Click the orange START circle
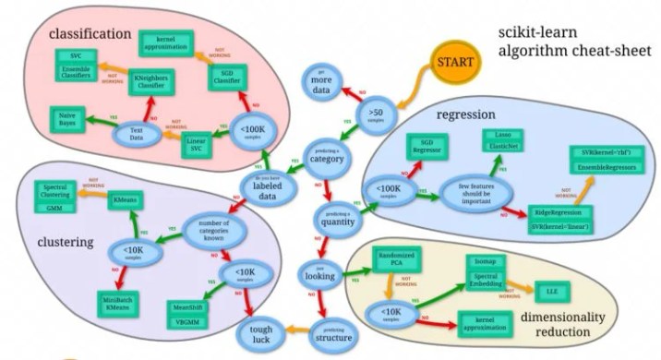[457, 64]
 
